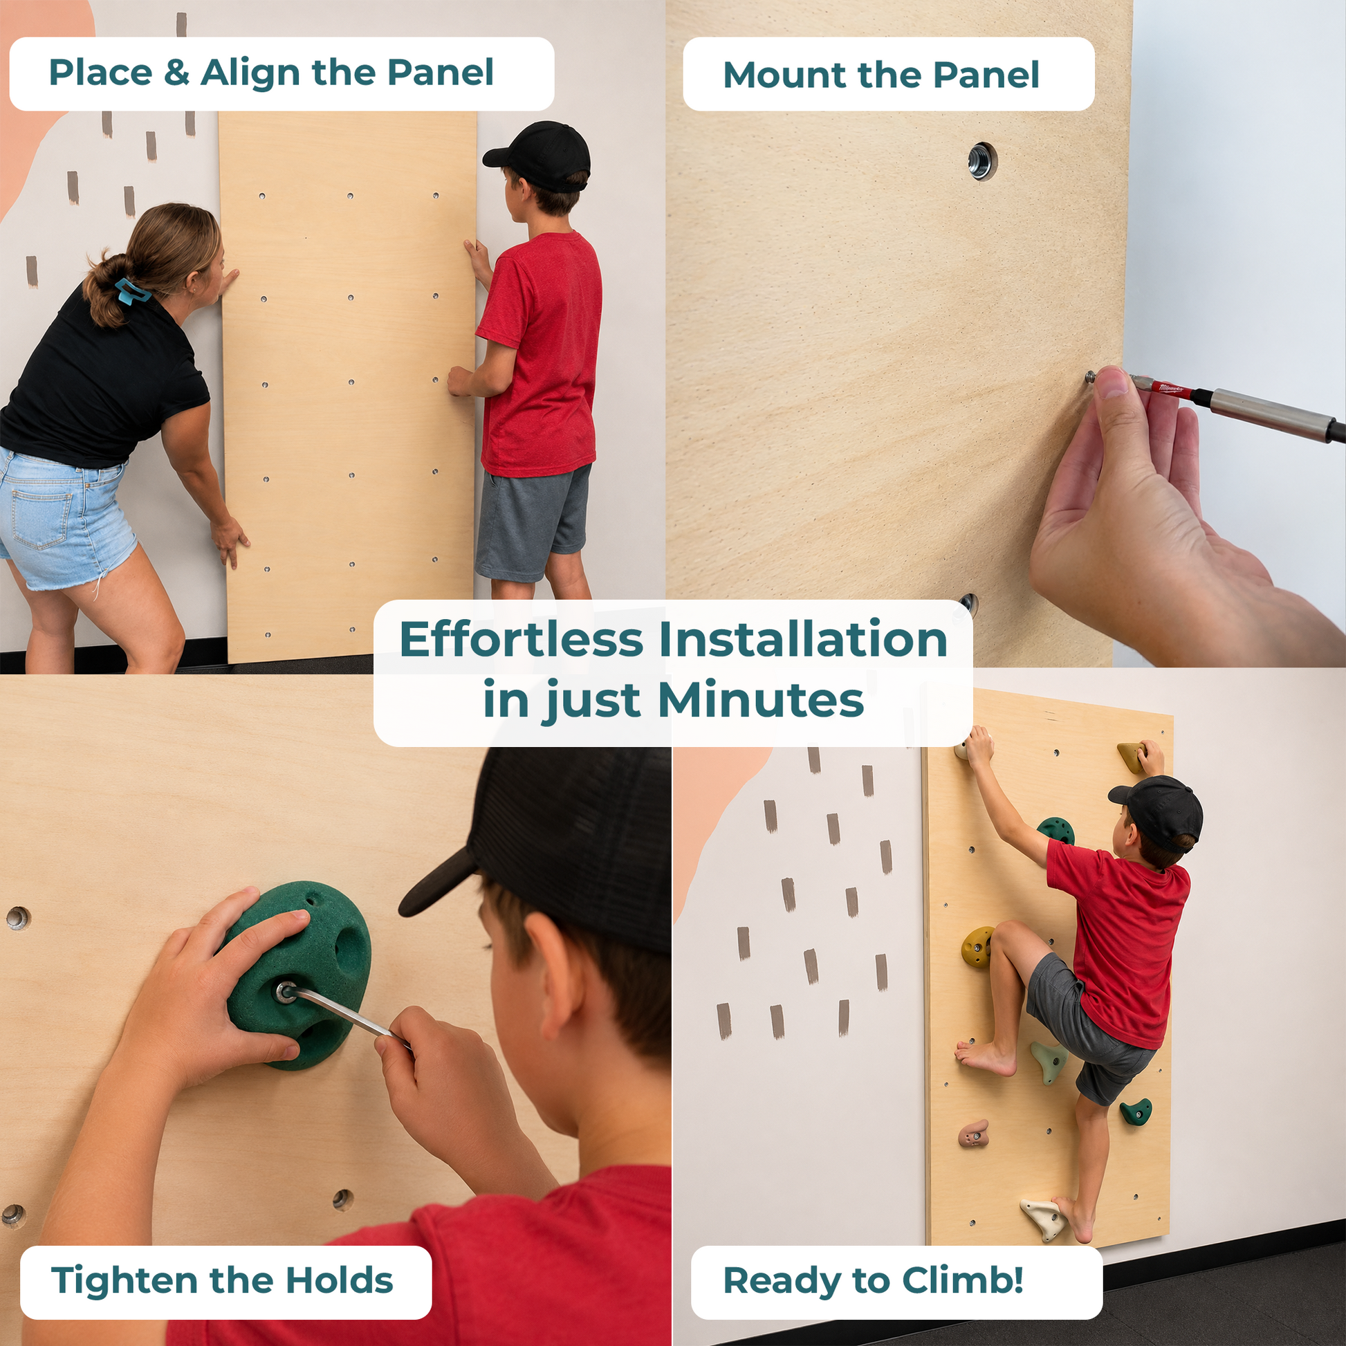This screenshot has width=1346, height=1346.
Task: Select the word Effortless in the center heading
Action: point(521,640)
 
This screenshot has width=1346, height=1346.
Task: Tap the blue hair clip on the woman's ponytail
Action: point(131,291)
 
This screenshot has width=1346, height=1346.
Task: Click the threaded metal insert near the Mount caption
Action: point(981,162)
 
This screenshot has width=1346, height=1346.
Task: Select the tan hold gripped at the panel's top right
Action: point(1132,758)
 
